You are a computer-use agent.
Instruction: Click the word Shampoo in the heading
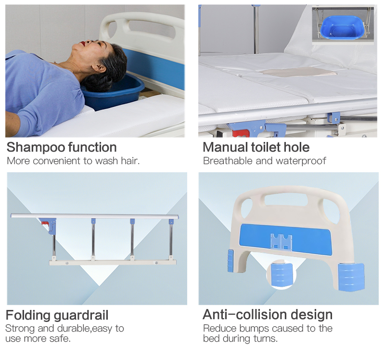pyautogui.click(x=36, y=148)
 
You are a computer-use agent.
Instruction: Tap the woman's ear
pyautogui.click(x=98, y=67)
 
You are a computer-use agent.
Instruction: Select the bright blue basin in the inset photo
pyautogui.click(x=343, y=27)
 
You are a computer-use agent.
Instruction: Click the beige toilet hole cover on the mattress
pyautogui.click(x=297, y=71)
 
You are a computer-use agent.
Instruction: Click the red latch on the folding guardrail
pyautogui.click(x=45, y=223)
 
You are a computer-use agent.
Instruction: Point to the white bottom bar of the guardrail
pyautogui.click(x=113, y=263)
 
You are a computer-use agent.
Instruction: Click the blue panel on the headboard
pyautogui.click(x=285, y=238)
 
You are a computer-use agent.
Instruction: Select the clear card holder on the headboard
pyautogui.click(x=281, y=242)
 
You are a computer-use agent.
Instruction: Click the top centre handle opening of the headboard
pyautogui.click(x=286, y=199)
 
